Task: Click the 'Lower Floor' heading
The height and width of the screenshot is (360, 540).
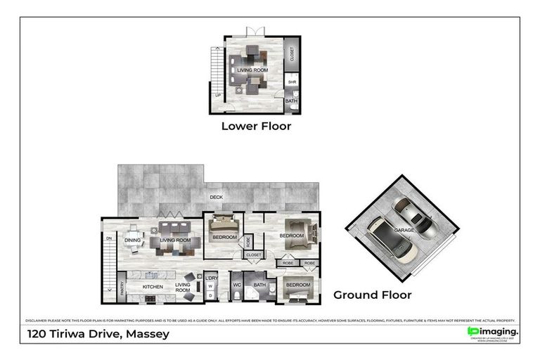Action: (x=256, y=127)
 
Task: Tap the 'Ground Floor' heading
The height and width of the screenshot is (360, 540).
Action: (x=372, y=295)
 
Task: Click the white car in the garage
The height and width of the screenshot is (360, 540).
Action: (x=392, y=239)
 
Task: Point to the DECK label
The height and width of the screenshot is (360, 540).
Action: (x=216, y=197)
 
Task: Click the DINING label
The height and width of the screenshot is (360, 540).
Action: (x=133, y=240)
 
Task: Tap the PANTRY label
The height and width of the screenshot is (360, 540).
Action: (x=122, y=286)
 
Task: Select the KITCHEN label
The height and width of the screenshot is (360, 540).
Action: (x=153, y=287)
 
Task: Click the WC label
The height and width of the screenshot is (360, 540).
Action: (x=236, y=285)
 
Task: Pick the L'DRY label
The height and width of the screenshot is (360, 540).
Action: (x=211, y=278)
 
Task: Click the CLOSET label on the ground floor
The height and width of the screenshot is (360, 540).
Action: (x=254, y=255)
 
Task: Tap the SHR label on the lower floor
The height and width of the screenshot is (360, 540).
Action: (x=292, y=82)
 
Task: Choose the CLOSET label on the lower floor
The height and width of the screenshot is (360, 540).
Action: (x=292, y=53)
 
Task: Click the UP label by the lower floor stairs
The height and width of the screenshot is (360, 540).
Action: (x=217, y=94)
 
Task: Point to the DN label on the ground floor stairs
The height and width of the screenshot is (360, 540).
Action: (x=109, y=238)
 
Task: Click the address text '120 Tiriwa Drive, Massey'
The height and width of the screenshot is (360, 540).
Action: (x=98, y=334)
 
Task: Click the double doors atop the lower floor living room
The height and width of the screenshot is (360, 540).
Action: (x=254, y=32)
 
